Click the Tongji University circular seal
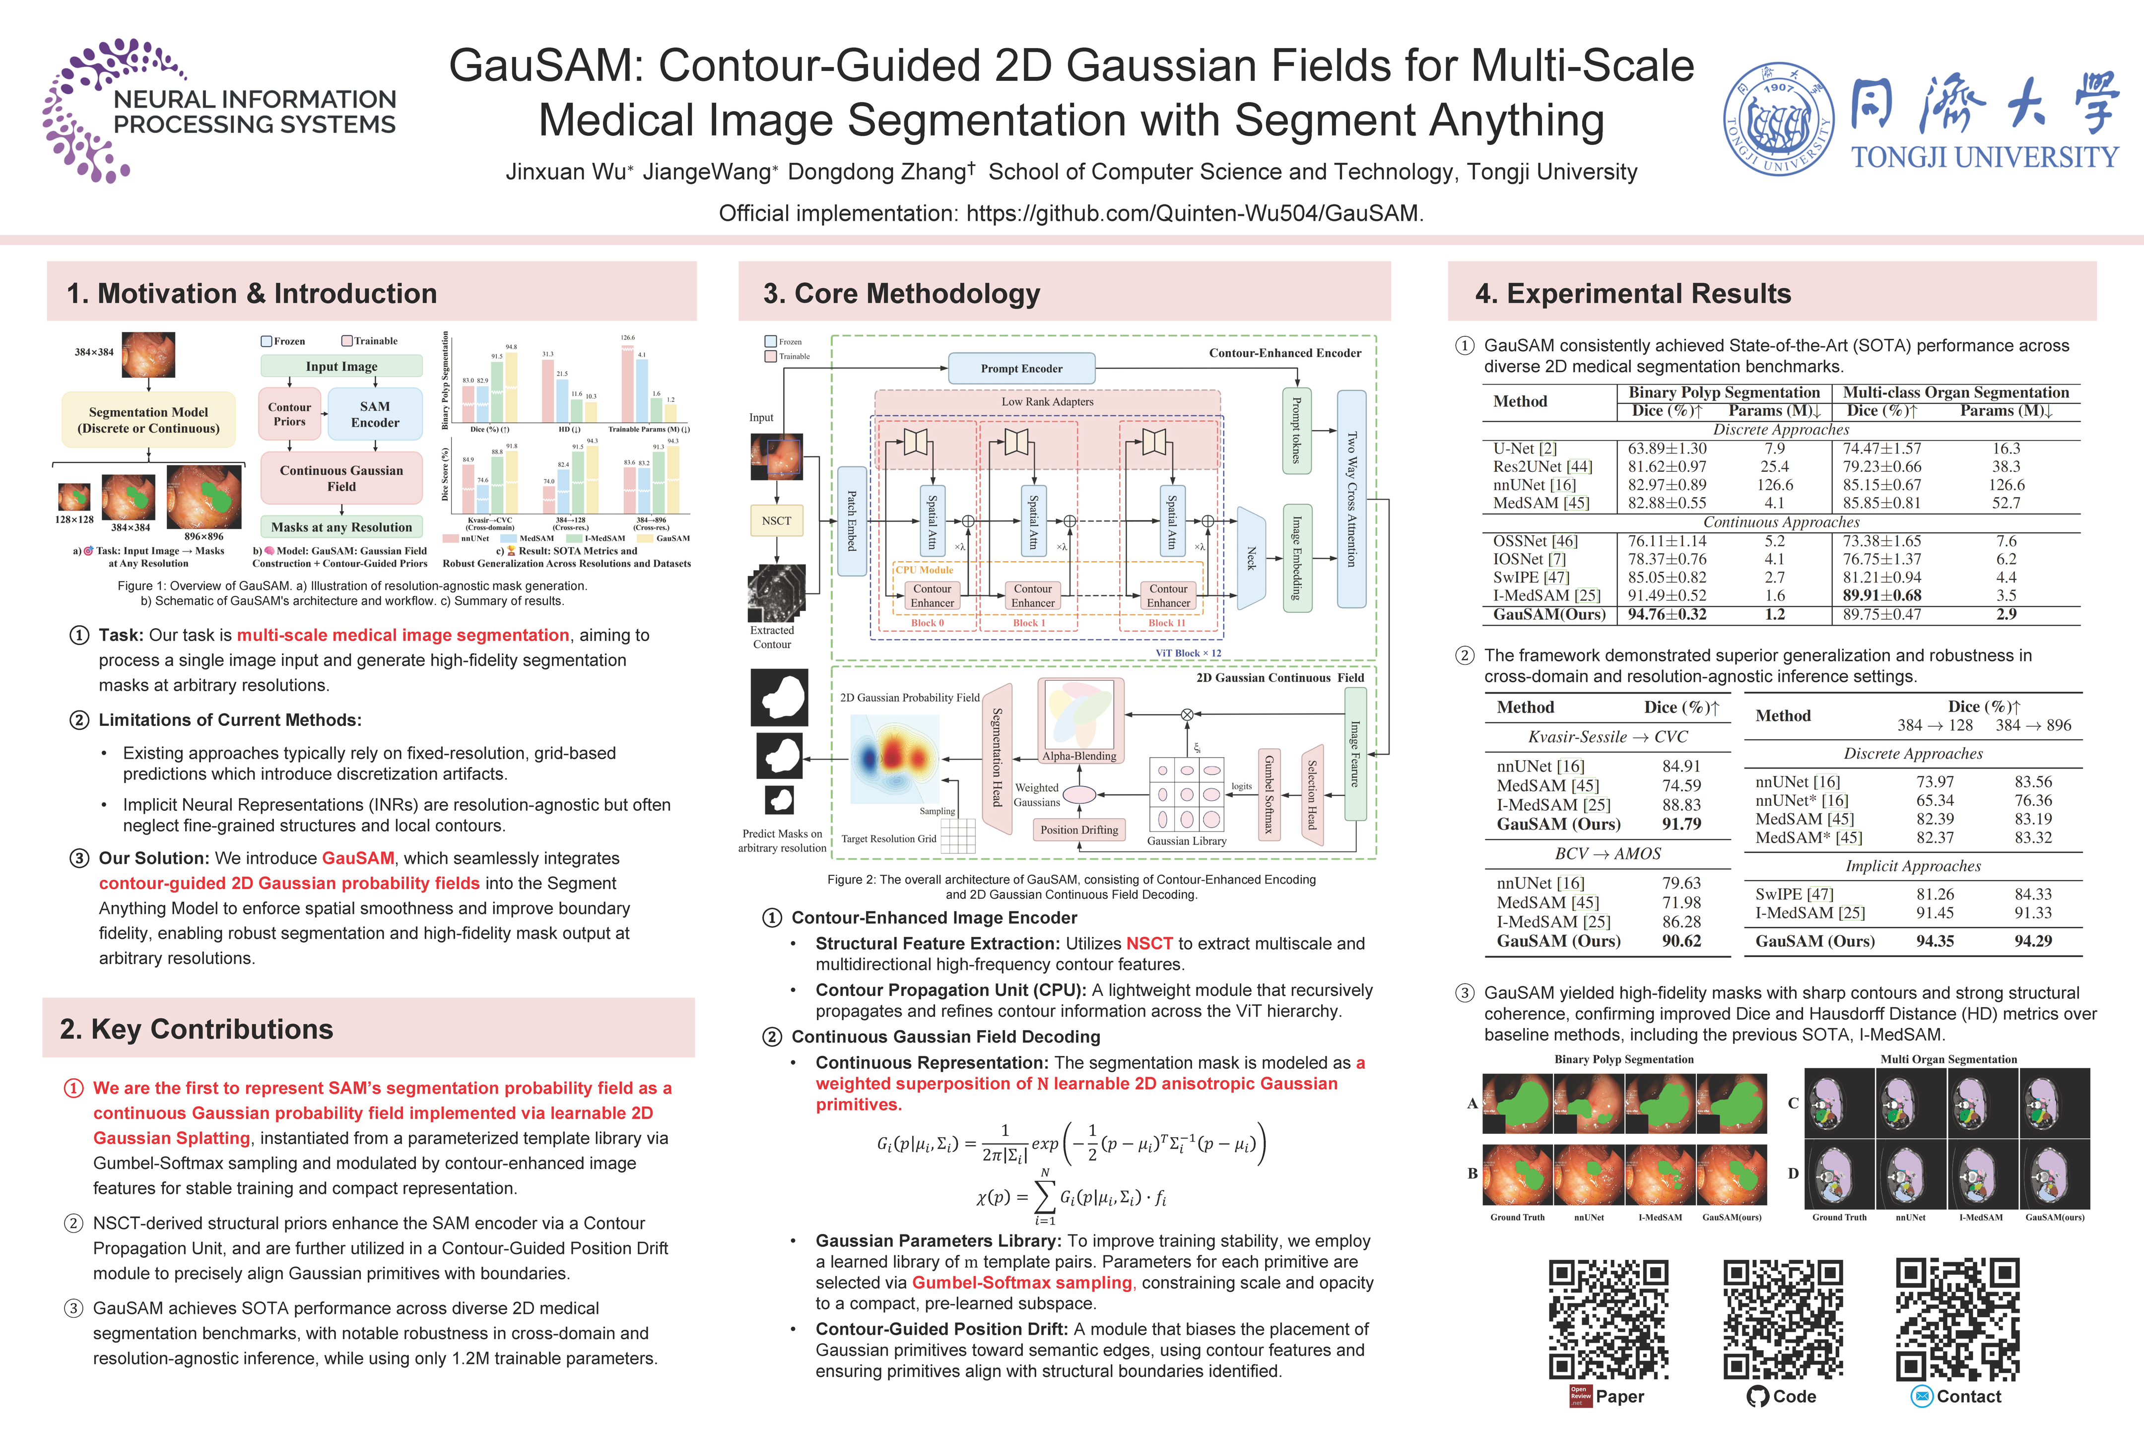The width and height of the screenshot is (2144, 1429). tap(1778, 119)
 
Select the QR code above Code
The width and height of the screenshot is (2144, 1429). tap(1782, 1319)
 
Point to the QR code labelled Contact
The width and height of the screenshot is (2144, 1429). tap(1957, 1319)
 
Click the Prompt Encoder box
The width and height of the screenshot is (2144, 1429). tap(1021, 368)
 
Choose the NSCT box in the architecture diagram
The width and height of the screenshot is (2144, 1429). tap(777, 520)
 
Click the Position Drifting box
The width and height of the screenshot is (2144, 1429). tap(1079, 829)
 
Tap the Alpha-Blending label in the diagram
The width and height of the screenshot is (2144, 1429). tap(1079, 756)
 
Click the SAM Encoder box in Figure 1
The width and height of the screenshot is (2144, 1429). tap(375, 415)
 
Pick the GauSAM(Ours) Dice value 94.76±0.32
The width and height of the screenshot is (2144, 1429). tap(1667, 614)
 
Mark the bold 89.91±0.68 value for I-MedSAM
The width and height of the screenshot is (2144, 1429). tap(1881, 595)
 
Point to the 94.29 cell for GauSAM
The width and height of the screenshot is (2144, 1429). tap(2033, 941)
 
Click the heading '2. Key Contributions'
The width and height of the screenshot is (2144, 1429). tap(197, 1029)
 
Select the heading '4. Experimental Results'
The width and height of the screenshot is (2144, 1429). tap(1633, 293)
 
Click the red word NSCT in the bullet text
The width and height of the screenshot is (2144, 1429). tap(1149, 943)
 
